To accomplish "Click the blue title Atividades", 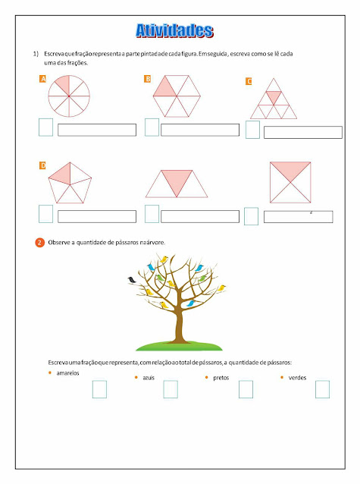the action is (x=174, y=30).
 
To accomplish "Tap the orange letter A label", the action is (x=43, y=79).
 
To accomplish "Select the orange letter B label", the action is (x=148, y=79).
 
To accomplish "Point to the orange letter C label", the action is (x=249, y=81).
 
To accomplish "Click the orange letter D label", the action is (x=43, y=165).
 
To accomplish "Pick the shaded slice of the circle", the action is (x=64, y=84).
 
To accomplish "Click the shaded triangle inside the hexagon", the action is (x=165, y=89).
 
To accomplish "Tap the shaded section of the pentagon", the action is (x=61, y=174).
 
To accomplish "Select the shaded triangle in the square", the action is (x=290, y=169).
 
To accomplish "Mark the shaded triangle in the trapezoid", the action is (x=177, y=179).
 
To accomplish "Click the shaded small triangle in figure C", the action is (x=274, y=96).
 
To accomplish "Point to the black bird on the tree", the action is (x=132, y=280).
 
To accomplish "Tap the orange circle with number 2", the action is (x=39, y=243).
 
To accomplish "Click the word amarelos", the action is (x=67, y=373).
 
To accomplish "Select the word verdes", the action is (x=297, y=378).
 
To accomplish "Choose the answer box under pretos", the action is (x=246, y=389).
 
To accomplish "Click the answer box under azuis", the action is (x=171, y=389).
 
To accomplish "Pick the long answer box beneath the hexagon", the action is (x=200, y=130).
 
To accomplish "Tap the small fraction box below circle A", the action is (x=45, y=127).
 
